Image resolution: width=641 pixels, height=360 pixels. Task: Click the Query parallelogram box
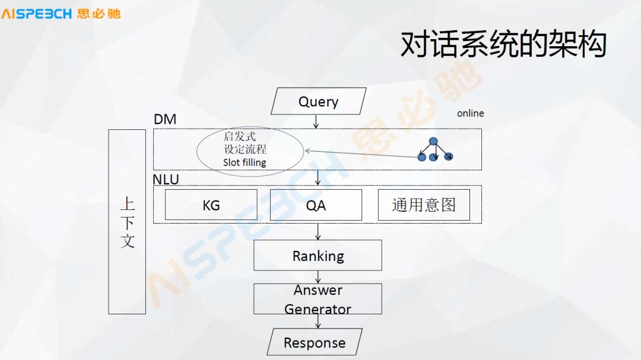[318, 101]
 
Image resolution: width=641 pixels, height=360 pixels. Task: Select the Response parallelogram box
[315, 342]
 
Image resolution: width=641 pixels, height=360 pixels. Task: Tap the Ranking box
[318, 256]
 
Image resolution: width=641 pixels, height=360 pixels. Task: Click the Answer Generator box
[318, 299]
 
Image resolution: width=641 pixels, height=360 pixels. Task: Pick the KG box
[211, 205]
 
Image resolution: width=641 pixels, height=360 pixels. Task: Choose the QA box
[316, 205]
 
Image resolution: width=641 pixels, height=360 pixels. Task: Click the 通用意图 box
[424, 205]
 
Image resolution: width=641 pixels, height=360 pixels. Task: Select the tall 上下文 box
[127, 221]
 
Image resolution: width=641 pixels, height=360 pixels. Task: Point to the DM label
[165, 119]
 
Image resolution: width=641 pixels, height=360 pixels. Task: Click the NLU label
[166, 179]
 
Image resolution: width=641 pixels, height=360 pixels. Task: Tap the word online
[470, 113]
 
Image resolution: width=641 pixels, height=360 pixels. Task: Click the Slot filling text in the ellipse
[245, 163]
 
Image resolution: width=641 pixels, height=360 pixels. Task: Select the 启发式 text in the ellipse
[240, 136]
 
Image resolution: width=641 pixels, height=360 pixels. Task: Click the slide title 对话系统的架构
[503, 44]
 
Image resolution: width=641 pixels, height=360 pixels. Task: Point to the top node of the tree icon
[433, 141]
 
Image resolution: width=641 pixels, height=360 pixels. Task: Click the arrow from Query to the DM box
[316, 122]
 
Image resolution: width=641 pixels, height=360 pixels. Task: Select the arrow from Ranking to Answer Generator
[318, 277]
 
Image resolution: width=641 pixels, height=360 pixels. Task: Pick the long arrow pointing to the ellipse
[362, 154]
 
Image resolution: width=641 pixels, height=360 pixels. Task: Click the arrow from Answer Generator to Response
[318, 321]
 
